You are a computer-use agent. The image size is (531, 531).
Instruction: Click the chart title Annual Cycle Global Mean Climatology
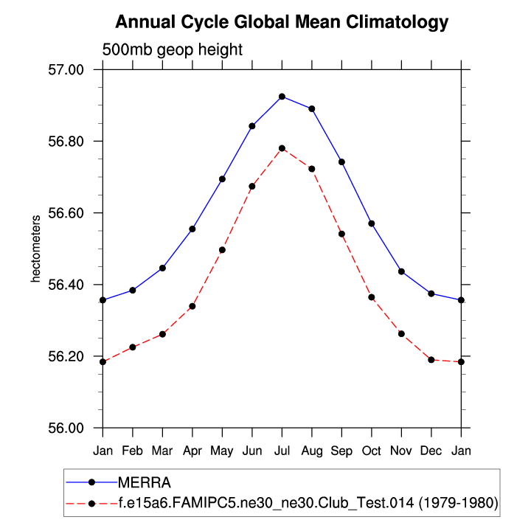(x=282, y=22)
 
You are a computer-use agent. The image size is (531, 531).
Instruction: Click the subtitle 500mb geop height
(x=172, y=50)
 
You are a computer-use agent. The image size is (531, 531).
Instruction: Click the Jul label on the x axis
(x=282, y=449)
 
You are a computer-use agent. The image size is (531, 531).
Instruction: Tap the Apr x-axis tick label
(x=192, y=449)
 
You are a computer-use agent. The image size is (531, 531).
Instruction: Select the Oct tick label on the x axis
(x=371, y=449)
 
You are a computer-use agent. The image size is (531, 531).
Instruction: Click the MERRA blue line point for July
(x=282, y=97)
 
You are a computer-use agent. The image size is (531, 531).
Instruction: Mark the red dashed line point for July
(x=282, y=148)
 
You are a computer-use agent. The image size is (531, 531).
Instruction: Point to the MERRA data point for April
(x=192, y=229)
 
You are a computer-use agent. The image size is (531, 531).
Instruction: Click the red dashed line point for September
(x=341, y=234)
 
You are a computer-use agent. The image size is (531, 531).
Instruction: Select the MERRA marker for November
(x=401, y=271)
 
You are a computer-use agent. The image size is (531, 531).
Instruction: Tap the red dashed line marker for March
(x=162, y=334)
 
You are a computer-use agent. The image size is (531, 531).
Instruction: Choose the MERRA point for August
(x=312, y=108)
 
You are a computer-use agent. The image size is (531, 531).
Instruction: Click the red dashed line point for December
(x=431, y=359)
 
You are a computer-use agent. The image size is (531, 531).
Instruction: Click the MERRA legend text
(x=145, y=483)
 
